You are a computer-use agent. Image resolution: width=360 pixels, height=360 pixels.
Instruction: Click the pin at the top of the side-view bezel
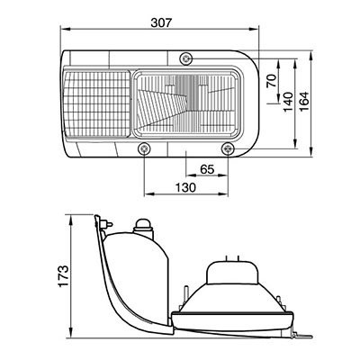point(105,221)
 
